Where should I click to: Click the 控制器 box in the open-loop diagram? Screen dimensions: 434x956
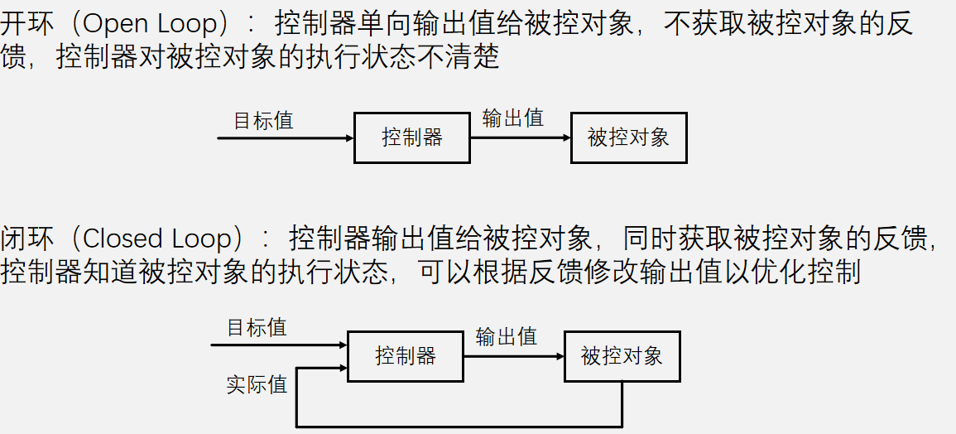(x=412, y=137)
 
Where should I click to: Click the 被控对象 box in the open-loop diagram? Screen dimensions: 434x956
(x=629, y=137)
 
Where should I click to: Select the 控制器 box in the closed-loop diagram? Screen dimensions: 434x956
(x=406, y=357)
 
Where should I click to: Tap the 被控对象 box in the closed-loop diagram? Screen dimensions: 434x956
(x=622, y=357)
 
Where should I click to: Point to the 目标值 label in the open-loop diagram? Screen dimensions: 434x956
(x=263, y=121)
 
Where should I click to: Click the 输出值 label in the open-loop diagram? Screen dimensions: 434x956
(x=513, y=118)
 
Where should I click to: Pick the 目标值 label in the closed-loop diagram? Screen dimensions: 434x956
(x=257, y=328)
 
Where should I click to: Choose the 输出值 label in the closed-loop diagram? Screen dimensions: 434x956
(x=507, y=337)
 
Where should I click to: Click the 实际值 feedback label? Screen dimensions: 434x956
(x=257, y=385)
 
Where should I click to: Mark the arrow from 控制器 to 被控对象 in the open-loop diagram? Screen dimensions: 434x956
(x=521, y=137)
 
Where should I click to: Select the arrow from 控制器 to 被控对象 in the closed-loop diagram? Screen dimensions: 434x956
(x=514, y=357)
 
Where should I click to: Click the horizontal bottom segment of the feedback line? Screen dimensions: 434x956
(x=459, y=427)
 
